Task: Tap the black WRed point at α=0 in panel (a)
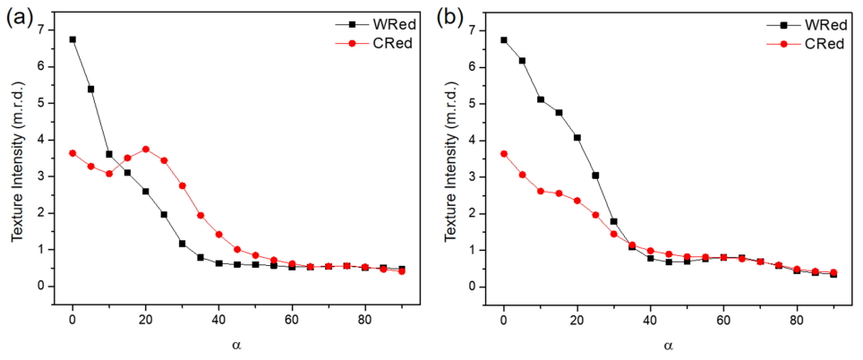(x=73, y=39)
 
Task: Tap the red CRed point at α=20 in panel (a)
(x=146, y=149)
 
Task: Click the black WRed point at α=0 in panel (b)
(x=504, y=40)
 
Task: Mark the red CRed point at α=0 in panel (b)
(x=504, y=153)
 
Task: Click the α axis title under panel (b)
(x=668, y=344)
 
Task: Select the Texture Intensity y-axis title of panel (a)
(x=17, y=159)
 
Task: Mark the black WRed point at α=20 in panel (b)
(x=577, y=138)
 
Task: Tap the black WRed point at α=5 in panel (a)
(x=90, y=89)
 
